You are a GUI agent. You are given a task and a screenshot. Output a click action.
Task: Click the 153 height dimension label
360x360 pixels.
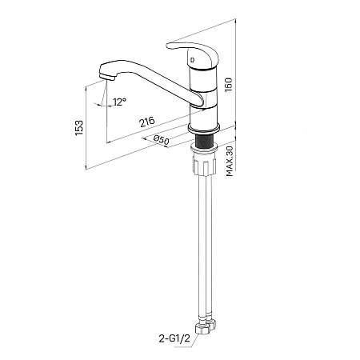(x=79, y=128)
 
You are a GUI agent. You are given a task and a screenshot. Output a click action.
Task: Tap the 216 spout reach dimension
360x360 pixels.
(x=147, y=122)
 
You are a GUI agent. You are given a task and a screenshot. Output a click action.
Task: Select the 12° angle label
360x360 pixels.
(x=119, y=102)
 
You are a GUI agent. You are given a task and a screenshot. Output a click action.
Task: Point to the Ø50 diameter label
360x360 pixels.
(x=162, y=140)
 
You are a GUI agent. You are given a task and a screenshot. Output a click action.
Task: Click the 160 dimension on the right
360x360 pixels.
(x=229, y=85)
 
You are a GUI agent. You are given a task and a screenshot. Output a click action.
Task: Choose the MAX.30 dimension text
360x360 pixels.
(x=230, y=162)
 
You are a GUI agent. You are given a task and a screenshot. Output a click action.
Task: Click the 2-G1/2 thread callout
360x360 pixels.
(x=174, y=338)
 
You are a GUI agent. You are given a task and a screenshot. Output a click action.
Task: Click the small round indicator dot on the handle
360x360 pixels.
(x=193, y=59)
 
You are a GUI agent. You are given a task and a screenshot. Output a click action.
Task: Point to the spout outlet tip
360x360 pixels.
(x=107, y=77)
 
